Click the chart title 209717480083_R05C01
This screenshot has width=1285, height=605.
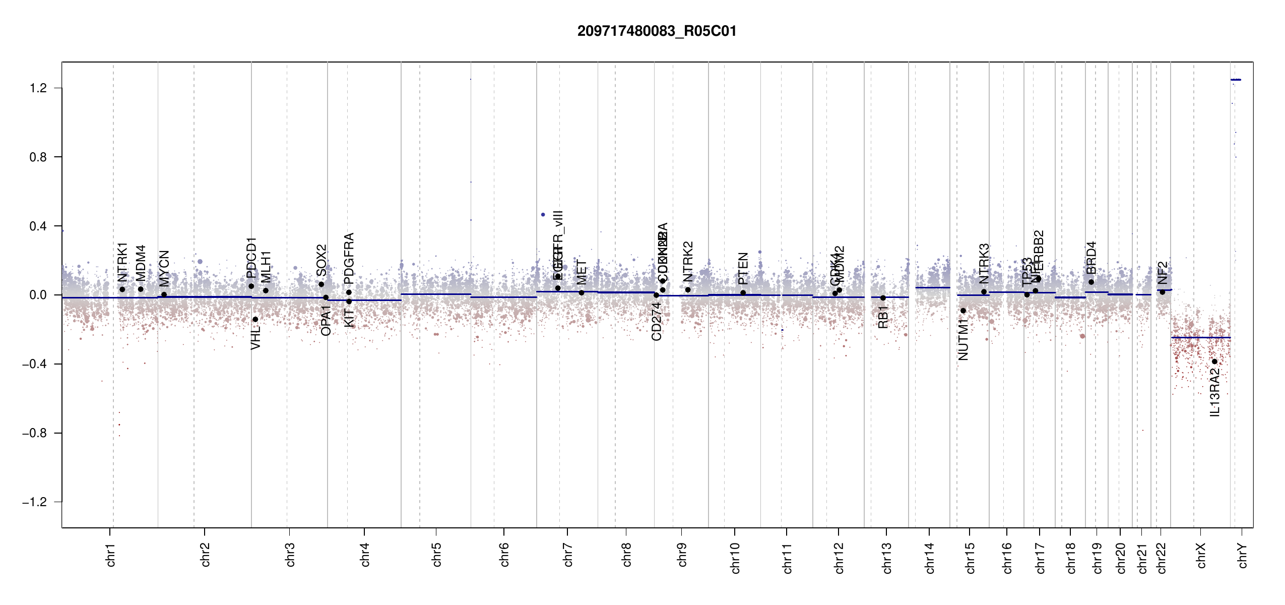657,31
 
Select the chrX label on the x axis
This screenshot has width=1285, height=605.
1201,555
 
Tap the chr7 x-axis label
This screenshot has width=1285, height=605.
568,555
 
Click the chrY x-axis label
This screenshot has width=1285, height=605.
1243,555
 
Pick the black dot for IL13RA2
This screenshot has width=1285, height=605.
1214,361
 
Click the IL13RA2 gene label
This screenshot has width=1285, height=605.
1215,392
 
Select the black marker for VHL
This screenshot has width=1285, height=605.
255,319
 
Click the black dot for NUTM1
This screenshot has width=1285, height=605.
963,311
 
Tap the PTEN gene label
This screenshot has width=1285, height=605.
743,268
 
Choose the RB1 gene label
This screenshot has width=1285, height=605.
883,317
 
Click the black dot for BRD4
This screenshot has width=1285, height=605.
1091,282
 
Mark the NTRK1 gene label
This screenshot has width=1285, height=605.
122,262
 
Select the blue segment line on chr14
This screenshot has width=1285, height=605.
932,287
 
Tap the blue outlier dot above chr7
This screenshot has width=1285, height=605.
543,215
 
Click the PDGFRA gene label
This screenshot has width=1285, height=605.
349,259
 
